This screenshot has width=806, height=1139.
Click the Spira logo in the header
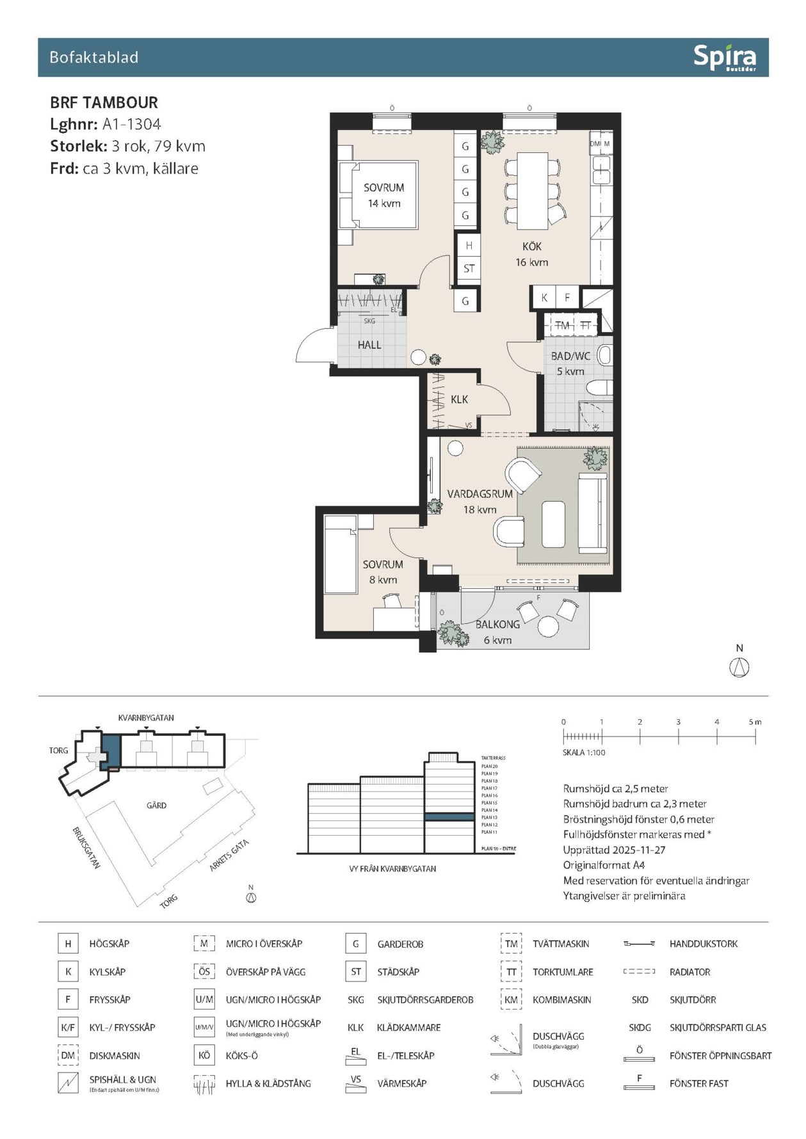click(724, 58)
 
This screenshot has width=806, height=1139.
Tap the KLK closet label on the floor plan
click(459, 399)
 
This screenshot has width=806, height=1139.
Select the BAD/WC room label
click(570, 356)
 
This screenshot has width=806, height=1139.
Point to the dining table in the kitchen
click(532, 190)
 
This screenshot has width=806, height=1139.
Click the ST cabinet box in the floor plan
click(469, 269)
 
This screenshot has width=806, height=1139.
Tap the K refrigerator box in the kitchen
click(544, 298)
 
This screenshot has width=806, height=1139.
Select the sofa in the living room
click(592, 513)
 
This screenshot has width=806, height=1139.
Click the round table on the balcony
click(549, 626)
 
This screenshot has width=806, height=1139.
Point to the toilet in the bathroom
click(599, 388)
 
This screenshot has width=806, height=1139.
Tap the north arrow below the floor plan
click(739, 667)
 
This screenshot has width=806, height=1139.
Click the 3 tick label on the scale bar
click(678, 722)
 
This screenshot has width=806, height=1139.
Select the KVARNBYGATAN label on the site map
click(146, 718)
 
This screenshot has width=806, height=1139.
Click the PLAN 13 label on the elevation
click(489, 817)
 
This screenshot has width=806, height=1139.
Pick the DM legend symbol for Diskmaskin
click(68, 1055)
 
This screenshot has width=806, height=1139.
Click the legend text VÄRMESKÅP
click(401, 1083)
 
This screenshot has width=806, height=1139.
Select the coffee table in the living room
click(553, 524)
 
